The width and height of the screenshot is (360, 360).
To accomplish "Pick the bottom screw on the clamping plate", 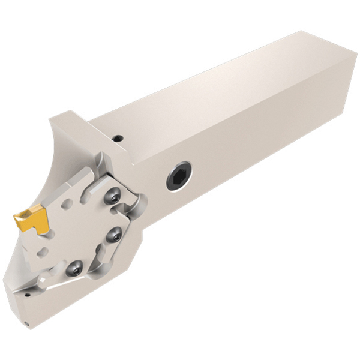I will (74, 268).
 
